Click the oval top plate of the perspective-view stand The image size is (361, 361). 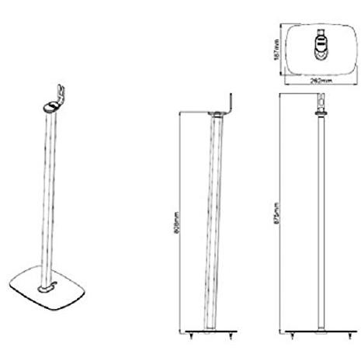[51, 108]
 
